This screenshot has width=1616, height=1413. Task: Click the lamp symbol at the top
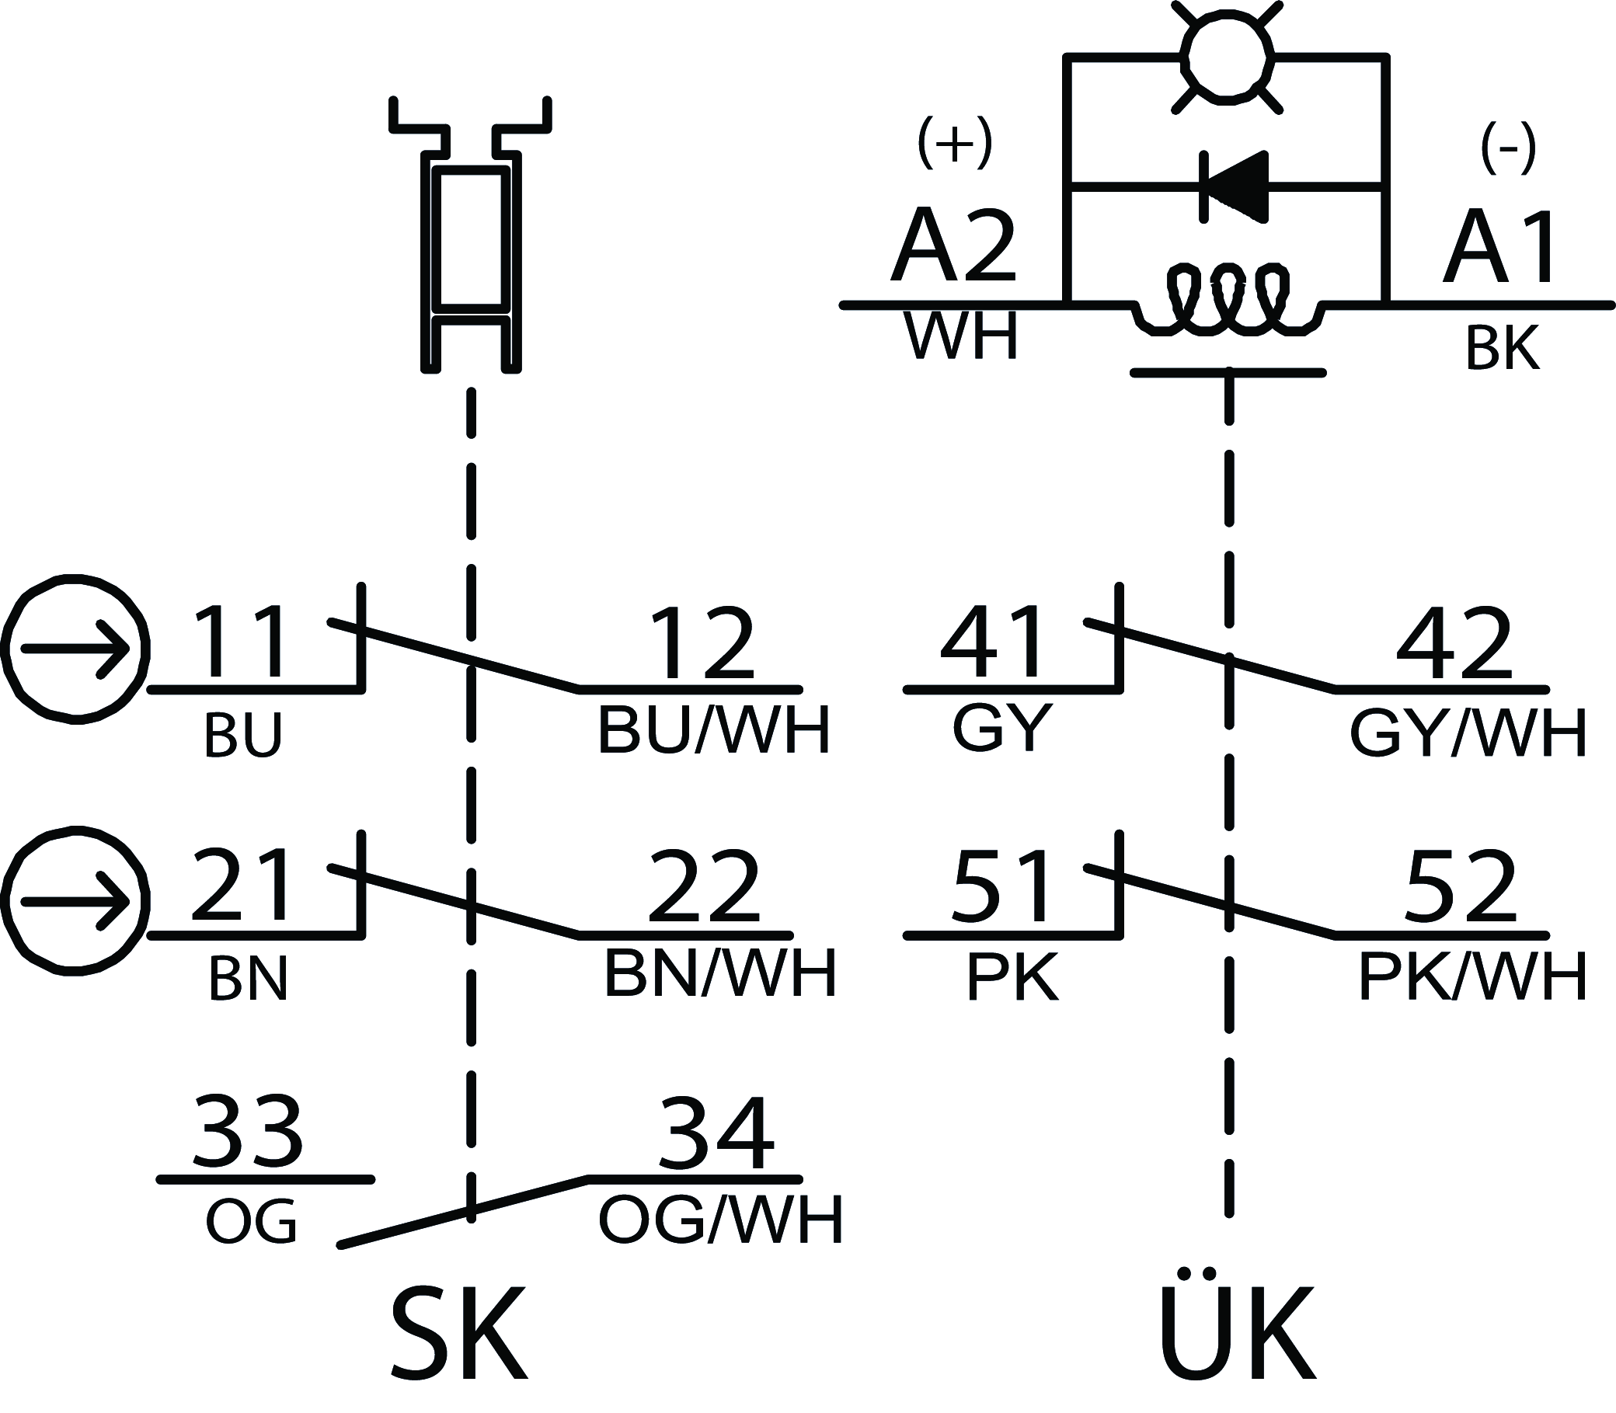click(x=1228, y=57)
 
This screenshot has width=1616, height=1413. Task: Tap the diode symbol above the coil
click(x=1235, y=187)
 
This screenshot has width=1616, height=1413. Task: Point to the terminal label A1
click(x=1502, y=247)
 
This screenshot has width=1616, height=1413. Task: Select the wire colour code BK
click(x=1503, y=348)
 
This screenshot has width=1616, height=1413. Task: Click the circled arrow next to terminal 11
click(x=75, y=649)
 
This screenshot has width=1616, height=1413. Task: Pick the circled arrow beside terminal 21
click(x=75, y=901)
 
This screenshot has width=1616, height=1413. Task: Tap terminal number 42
click(x=1454, y=643)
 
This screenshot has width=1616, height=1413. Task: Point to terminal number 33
click(x=248, y=1133)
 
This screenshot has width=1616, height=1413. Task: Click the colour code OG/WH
click(x=721, y=1221)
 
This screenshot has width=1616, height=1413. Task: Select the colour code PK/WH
click(x=1471, y=978)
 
